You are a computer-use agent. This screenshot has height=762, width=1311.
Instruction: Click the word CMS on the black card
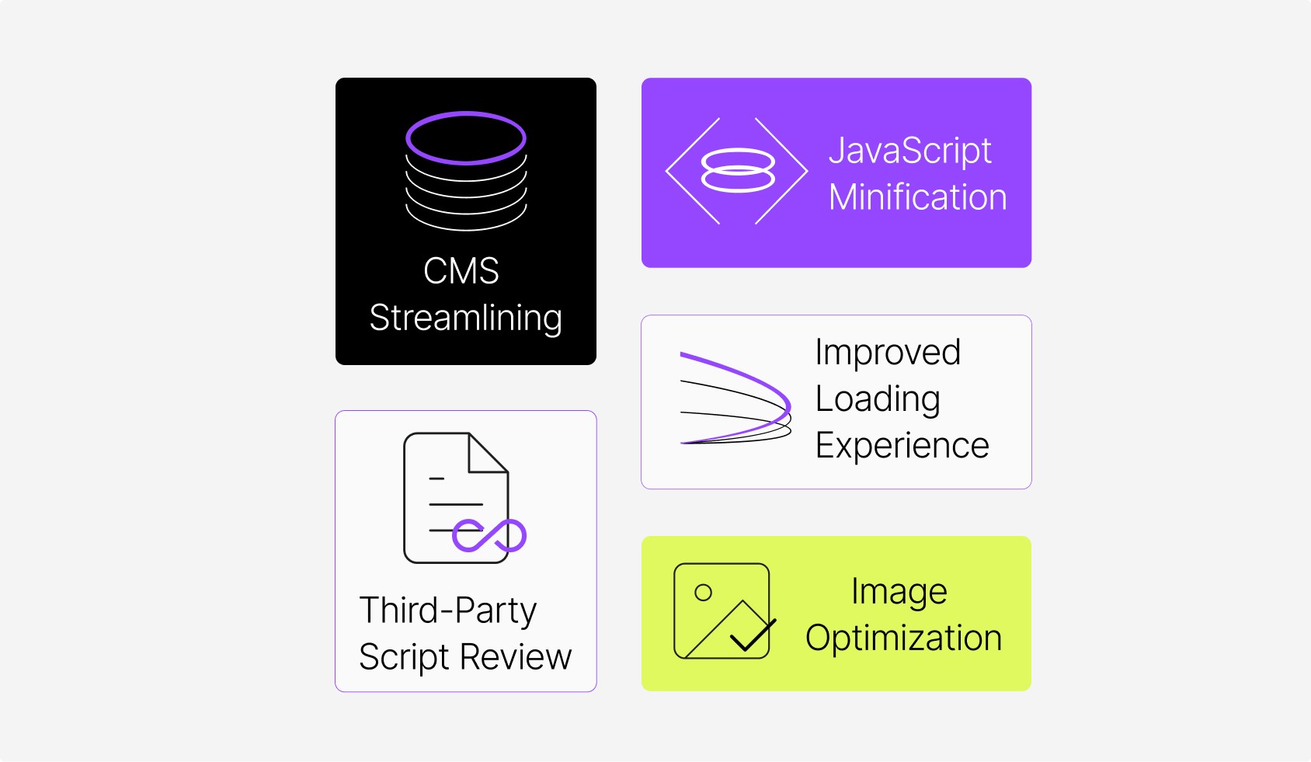[x=461, y=271]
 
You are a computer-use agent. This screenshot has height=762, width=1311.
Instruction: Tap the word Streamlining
[x=465, y=318]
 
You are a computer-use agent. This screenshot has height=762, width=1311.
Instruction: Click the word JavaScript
[x=909, y=151]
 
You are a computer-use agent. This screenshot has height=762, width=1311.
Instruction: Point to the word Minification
[x=917, y=197]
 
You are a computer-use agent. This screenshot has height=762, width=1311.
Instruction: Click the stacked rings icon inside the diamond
[x=738, y=171]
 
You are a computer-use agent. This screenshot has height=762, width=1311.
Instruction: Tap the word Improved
[x=888, y=352]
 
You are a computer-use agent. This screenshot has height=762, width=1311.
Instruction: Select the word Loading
[x=878, y=399]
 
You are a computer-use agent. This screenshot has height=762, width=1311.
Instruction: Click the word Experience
[x=902, y=446]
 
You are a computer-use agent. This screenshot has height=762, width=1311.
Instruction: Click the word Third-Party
[x=448, y=611]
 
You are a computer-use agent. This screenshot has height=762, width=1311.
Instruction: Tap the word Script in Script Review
[x=404, y=658]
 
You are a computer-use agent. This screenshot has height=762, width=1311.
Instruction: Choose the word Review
[x=516, y=658]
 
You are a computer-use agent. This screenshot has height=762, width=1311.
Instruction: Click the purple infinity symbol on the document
[x=489, y=535]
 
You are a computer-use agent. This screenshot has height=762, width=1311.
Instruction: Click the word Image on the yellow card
[x=899, y=592]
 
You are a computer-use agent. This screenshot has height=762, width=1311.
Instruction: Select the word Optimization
[x=903, y=638]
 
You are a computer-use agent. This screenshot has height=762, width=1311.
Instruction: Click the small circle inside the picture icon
[x=704, y=593]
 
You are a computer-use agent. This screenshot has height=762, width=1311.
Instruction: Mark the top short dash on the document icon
[x=436, y=478]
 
